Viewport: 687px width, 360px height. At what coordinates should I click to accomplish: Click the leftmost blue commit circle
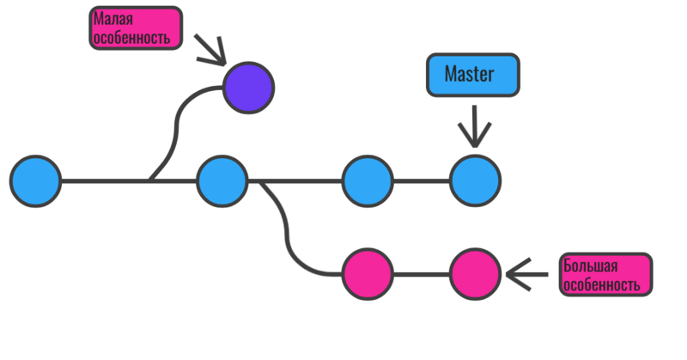pos(36,181)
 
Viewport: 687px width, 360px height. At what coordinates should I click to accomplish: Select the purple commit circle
pos(248,87)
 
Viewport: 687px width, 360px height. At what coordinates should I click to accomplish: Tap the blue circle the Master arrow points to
pos(475,181)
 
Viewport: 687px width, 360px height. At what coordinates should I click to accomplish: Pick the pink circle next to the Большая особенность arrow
pos(475,275)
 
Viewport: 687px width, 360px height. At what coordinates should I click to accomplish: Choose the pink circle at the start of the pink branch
pos(368,275)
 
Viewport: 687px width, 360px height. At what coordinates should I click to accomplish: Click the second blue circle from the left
pos(222,181)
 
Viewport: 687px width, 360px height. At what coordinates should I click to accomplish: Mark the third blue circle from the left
pos(368,181)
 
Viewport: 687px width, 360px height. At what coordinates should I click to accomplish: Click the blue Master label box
pos(470,74)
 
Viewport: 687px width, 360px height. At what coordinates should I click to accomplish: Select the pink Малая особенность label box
pos(135,28)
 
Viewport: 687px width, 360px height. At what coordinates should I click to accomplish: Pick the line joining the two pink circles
pos(421,275)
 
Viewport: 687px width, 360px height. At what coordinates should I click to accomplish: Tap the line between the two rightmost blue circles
pos(421,181)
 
